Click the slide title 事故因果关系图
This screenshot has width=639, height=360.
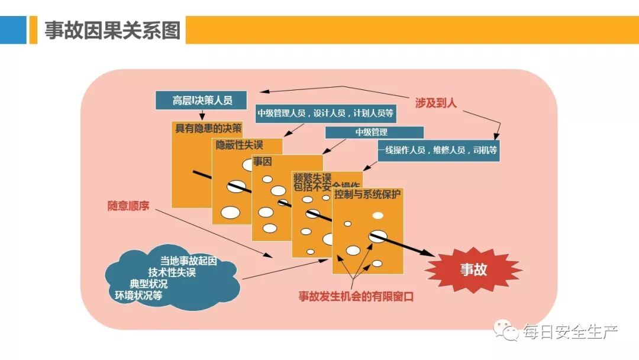click(112, 30)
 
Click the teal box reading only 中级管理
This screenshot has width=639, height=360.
click(375, 132)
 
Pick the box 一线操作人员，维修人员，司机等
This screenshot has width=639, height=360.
click(438, 151)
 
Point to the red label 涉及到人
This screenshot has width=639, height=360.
click(436, 103)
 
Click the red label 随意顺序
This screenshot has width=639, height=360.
click(128, 207)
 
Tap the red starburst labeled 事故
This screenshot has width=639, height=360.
click(473, 270)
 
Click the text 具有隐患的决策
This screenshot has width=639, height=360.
click(208, 128)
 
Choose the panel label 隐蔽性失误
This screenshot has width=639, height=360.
click(239, 144)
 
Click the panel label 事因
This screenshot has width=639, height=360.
click(262, 160)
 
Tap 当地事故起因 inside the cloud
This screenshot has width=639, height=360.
click(188, 261)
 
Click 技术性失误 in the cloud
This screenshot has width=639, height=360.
click(172, 272)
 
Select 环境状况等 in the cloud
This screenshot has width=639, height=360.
click(138, 295)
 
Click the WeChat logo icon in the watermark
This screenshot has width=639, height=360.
click(507, 331)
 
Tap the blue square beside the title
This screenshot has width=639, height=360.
click(13, 30)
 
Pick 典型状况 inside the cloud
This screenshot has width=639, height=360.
click(149, 284)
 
